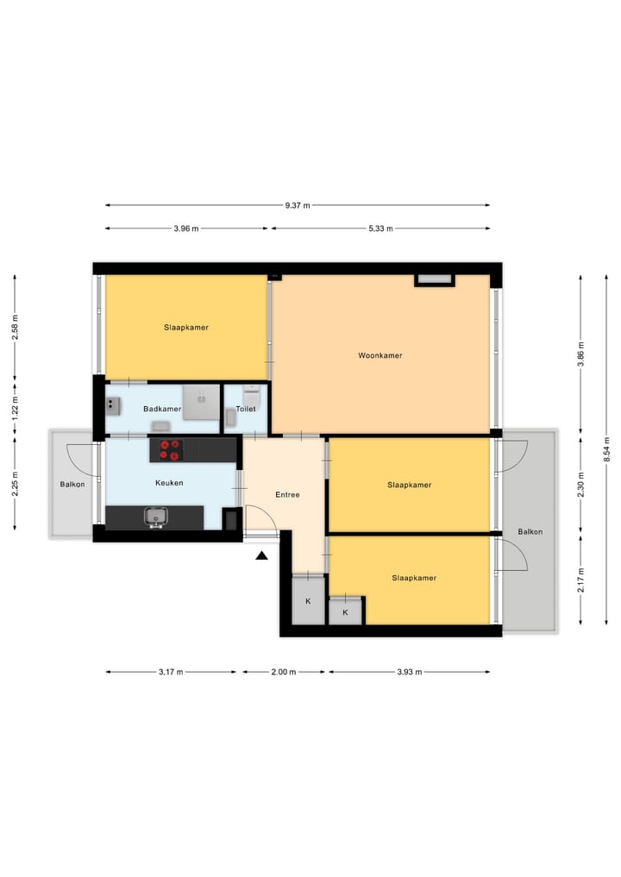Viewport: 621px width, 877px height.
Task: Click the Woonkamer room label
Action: pos(380,355)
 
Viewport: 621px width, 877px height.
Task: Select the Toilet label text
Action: pos(246,409)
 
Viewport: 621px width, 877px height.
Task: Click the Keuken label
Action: pos(169,483)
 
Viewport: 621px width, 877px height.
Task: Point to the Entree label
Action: pos(287,495)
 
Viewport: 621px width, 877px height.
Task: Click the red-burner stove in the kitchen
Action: pos(171,449)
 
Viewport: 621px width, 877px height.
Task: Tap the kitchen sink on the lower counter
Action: pos(156,517)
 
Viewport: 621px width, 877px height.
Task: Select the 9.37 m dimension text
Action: pos(298,205)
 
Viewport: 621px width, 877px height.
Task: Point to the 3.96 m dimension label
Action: pos(185,229)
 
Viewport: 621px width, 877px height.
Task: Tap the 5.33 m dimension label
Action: pos(380,229)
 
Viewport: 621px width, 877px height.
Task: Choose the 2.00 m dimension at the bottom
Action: pos(284,672)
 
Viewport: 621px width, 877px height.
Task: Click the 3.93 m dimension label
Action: pos(409,672)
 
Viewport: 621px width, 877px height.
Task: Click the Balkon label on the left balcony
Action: pos(72,484)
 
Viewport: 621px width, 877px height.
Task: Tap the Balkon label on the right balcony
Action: pos(530,531)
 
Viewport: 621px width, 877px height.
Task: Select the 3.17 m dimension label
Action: pos(171,672)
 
